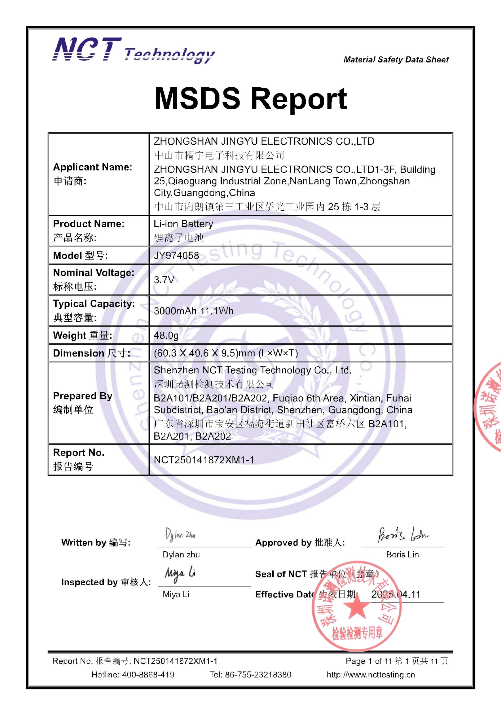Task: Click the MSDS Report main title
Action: click(251, 98)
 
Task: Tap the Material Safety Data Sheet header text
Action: click(396, 60)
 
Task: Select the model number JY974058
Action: click(176, 255)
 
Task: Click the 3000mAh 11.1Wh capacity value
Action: click(194, 311)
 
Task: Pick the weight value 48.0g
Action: click(166, 335)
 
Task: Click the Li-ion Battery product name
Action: click(183, 223)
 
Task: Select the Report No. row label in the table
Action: click(79, 453)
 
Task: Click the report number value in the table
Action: click(204, 460)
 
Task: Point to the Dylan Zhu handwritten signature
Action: click(180, 534)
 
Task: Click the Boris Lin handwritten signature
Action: click(403, 535)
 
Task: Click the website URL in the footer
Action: click(371, 674)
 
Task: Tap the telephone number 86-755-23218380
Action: click(258, 674)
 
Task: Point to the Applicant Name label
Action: click(93, 167)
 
